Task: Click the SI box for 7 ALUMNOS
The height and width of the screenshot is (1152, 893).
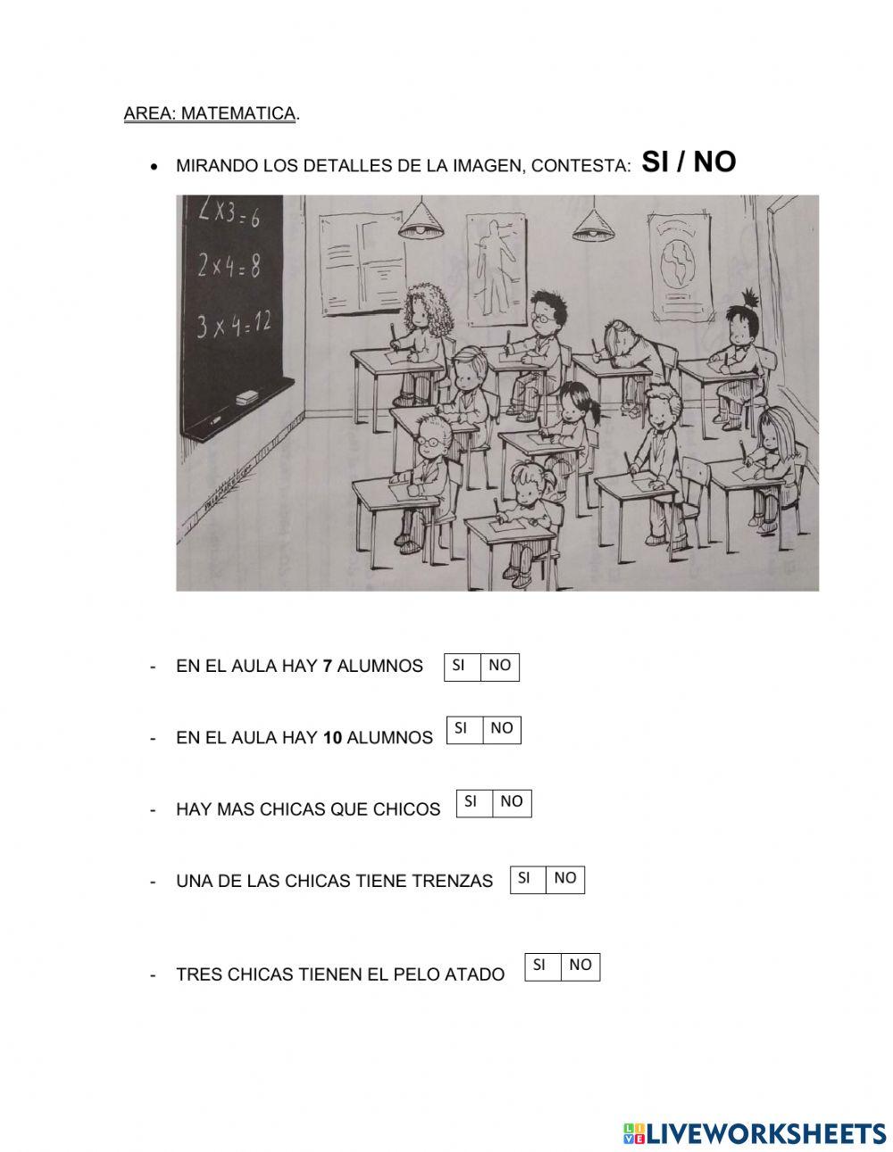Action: (463, 667)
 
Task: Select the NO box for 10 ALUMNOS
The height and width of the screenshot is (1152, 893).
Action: (502, 730)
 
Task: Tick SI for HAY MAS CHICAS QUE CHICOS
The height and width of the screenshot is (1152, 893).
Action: (474, 803)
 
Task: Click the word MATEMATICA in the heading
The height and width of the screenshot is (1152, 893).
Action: (238, 113)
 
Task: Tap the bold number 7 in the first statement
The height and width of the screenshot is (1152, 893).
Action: (327, 666)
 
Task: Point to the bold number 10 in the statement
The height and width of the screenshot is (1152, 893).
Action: (332, 737)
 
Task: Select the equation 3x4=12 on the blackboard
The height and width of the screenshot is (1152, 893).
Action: (233, 324)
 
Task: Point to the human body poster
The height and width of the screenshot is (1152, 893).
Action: (497, 269)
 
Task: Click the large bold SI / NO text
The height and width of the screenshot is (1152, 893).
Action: (689, 162)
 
